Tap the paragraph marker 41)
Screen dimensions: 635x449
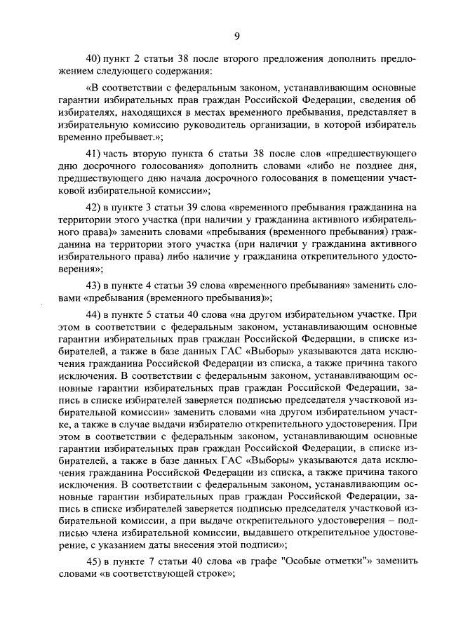tap(94, 152)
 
